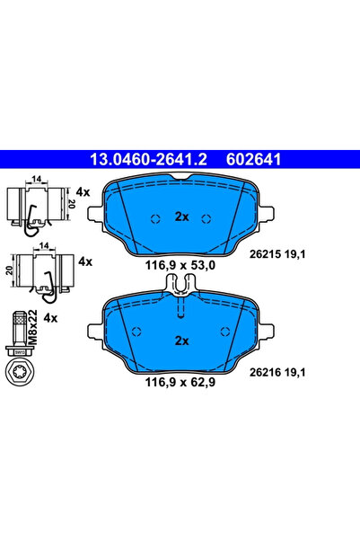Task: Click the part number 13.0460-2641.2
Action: point(148,159)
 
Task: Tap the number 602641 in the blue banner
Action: point(253,159)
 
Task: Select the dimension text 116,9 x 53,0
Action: point(180,265)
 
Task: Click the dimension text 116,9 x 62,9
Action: point(180,382)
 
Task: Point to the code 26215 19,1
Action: point(277,254)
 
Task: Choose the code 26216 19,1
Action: point(277,372)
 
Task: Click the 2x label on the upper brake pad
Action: point(181,217)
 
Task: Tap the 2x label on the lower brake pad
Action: point(181,341)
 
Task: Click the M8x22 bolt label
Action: point(32,326)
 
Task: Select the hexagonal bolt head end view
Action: point(20,371)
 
